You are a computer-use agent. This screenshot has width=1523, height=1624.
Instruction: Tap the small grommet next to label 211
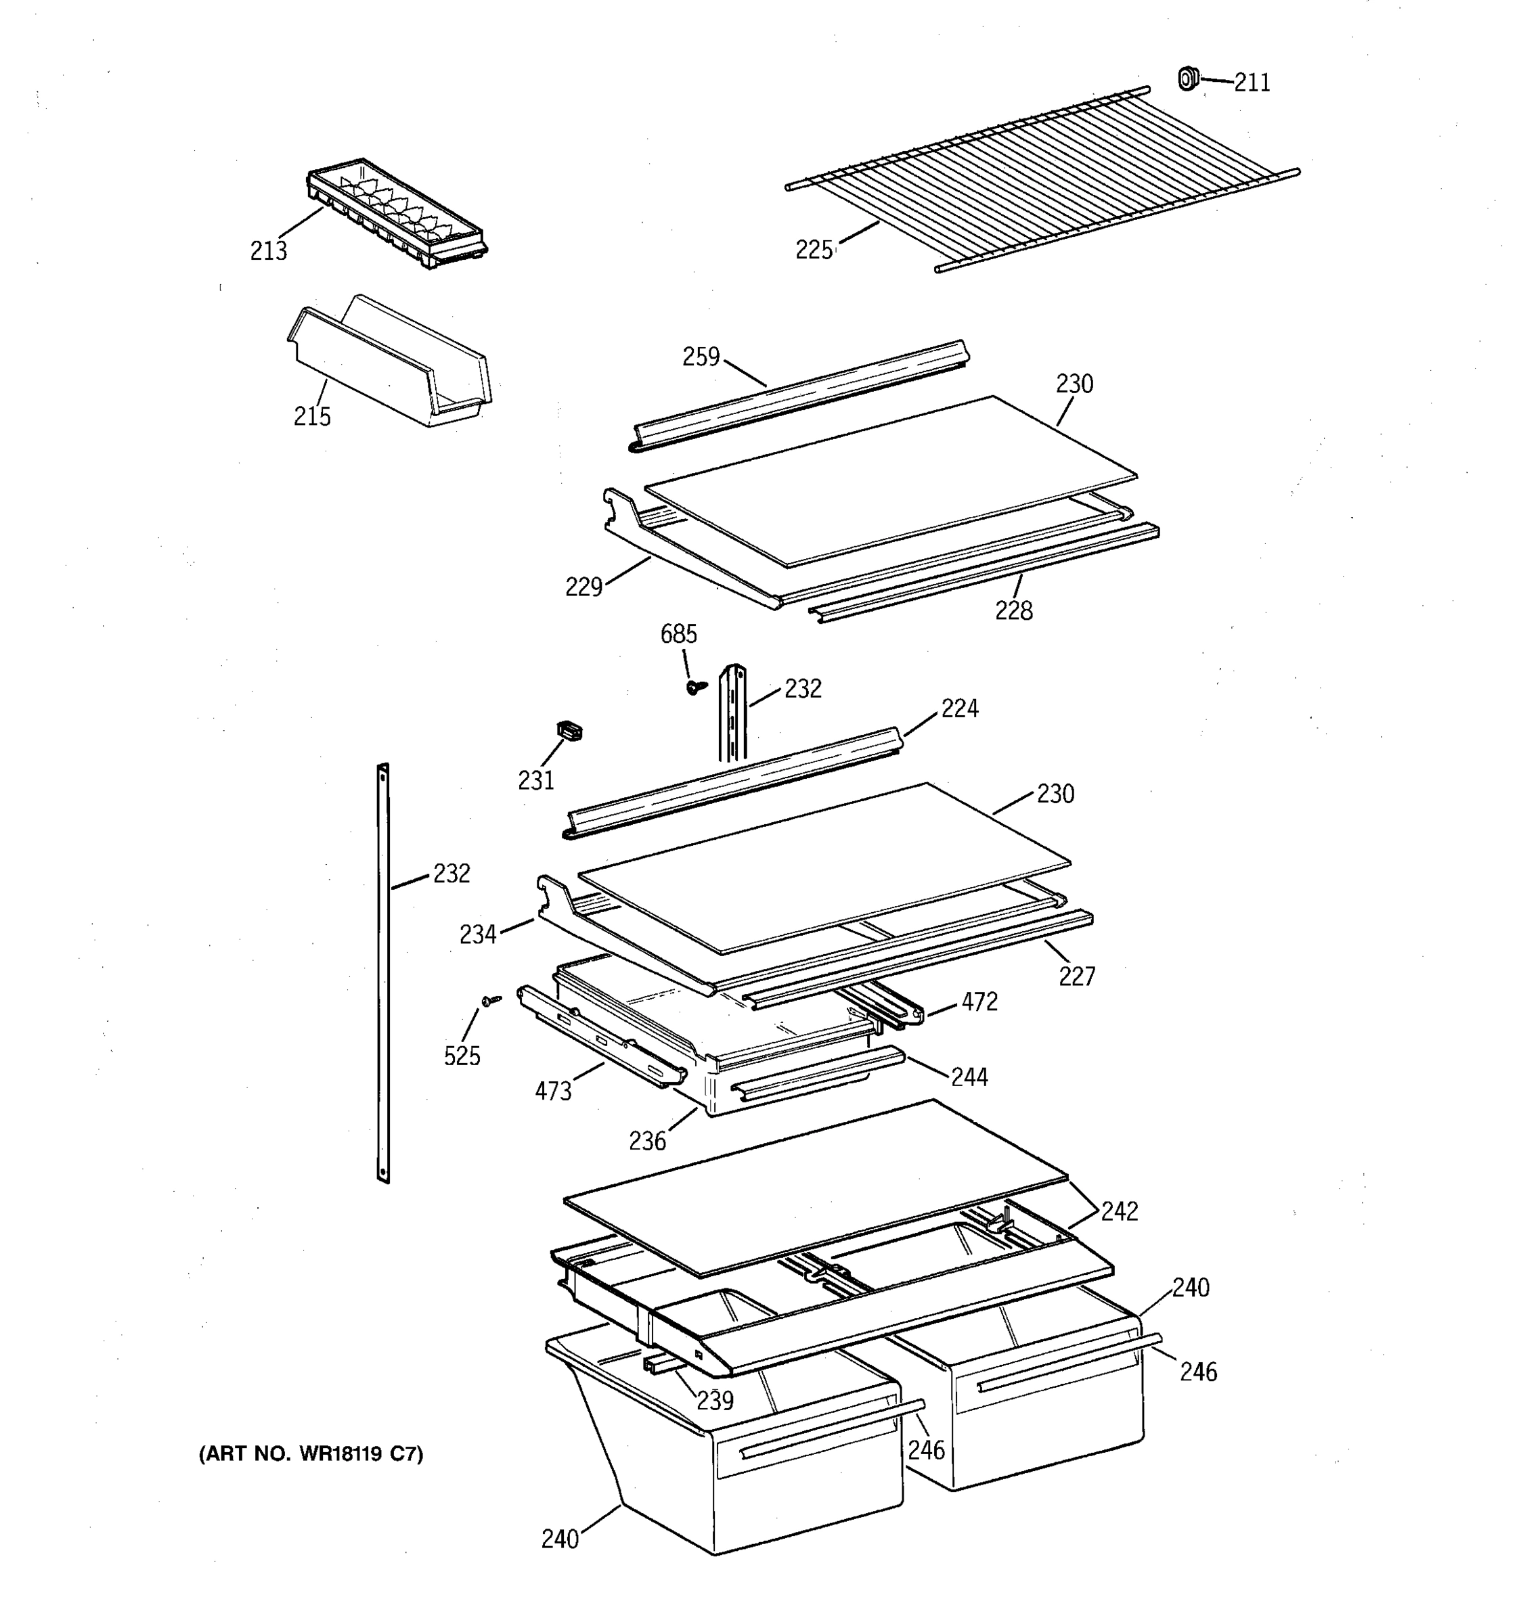(1187, 78)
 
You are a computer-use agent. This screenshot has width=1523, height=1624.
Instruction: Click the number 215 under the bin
(312, 417)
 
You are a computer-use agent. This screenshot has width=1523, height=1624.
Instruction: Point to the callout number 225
(814, 250)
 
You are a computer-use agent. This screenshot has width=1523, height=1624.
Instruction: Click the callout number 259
(701, 357)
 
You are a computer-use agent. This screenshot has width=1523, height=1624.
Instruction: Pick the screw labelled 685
(695, 687)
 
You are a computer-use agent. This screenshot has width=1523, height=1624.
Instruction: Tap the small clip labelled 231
(569, 730)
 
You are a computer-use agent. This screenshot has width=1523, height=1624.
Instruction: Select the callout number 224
(959, 708)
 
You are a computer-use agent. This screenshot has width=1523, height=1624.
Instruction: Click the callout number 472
(979, 1001)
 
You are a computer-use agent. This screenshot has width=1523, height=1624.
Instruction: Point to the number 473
(552, 1091)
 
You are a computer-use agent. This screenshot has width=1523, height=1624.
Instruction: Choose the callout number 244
(969, 1077)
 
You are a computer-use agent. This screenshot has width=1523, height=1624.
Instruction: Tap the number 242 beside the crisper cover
(1118, 1211)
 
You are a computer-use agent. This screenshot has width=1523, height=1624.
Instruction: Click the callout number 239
(715, 1400)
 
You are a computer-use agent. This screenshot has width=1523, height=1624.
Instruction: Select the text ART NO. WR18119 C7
(311, 1454)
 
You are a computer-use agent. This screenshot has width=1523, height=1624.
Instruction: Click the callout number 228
(1013, 610)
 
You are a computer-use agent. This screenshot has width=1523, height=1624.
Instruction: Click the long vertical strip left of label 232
(382, 972)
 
